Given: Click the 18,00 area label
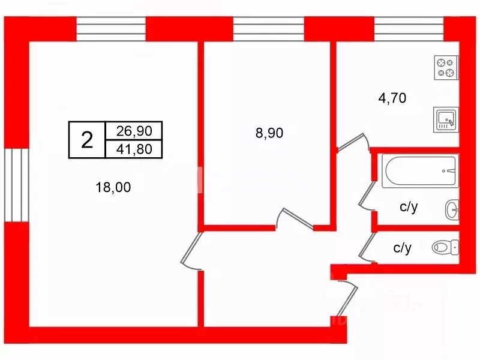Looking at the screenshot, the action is click(113, 187).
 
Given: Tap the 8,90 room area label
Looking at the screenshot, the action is click(269, 133).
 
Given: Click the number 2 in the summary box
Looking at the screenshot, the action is click(87, 140).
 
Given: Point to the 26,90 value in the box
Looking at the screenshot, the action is click(134, 131).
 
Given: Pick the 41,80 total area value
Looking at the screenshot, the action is click(134, 149).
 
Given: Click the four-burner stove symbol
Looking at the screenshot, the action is click(446, 68).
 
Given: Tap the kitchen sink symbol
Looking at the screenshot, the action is click(446, 119).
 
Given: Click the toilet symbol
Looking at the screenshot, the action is click(445, 247).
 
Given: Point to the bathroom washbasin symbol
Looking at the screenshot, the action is click(452, 209).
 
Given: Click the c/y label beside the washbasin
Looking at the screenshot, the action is click(409, 207).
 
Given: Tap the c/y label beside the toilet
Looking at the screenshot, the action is click(402, 248).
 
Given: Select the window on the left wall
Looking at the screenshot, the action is click(17, 185).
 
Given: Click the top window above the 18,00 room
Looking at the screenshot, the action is click(111, 29).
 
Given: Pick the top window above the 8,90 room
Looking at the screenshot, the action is click(269, 29).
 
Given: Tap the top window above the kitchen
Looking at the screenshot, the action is click(409, 29).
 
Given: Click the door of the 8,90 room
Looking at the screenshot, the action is click(295, 218).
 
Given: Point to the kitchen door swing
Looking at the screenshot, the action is click(353, 142).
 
